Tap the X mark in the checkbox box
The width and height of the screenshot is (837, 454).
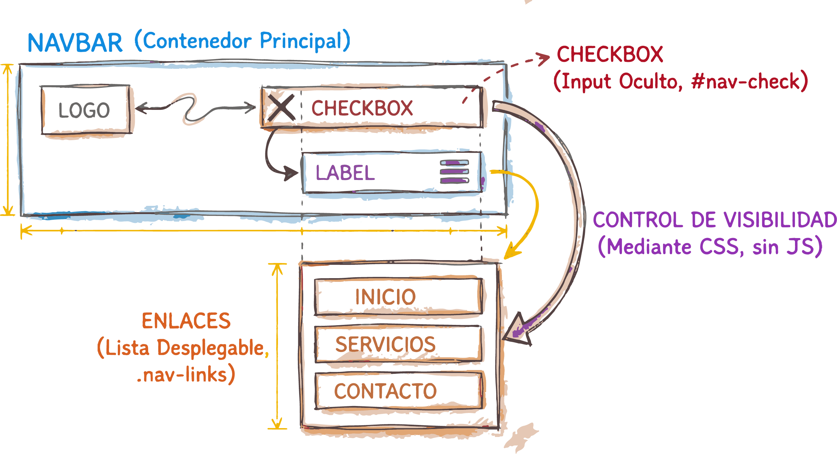tap(282, 107)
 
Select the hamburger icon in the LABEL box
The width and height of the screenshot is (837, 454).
tap(454, 172)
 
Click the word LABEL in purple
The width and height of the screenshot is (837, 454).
tap(345, 173)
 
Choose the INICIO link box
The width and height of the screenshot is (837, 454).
tap(398, 296)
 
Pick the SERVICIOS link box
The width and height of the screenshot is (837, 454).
tap(398, 344)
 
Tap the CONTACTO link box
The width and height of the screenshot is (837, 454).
tap(398, 391)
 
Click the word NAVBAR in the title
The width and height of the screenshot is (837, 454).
tap(75, 43)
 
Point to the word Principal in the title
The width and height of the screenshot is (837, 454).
tap(301, 41)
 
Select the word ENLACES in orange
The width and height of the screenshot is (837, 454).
tap(186, 321)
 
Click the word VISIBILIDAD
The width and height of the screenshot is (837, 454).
tap(780, 220)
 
